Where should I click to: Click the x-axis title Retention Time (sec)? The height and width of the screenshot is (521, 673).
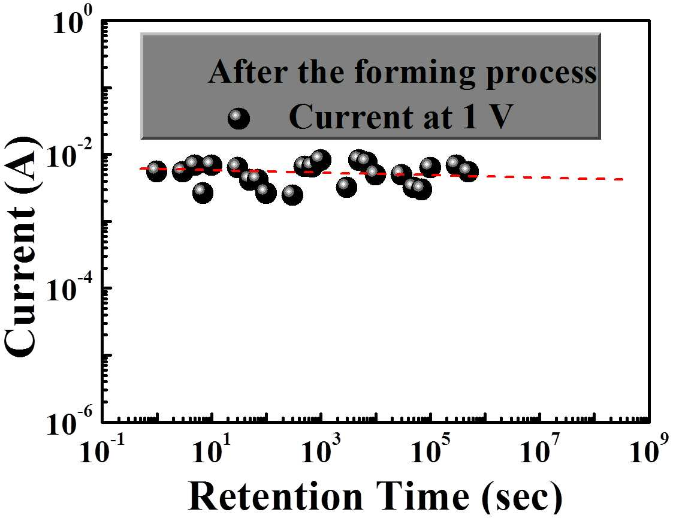point(375,496)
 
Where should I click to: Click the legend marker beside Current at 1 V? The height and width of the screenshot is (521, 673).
point(238,118)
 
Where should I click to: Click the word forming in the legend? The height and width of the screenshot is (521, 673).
point(415,74)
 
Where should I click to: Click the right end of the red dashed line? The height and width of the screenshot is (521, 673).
point(623,179)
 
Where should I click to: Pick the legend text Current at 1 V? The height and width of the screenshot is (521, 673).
point(401,117)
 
